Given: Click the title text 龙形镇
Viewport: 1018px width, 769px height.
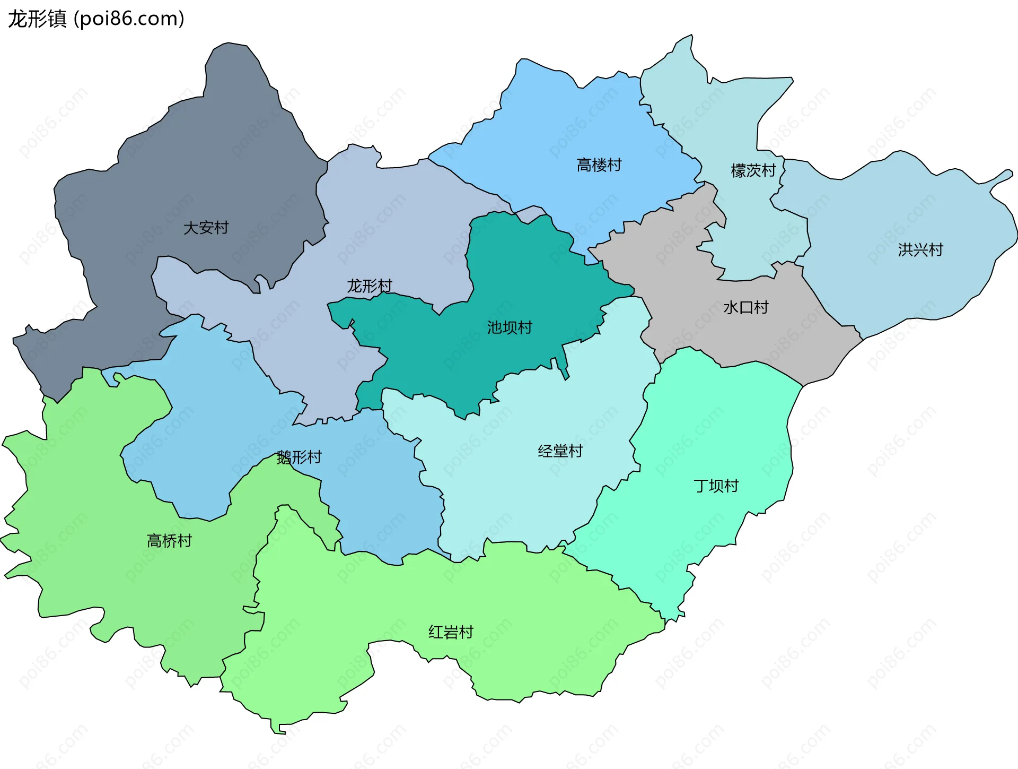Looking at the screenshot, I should pos(37,19).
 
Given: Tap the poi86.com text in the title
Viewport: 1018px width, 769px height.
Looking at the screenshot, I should pos(129,19).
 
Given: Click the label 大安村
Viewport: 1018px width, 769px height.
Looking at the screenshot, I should pos(206,228).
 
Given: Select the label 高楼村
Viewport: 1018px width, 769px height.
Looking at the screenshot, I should pos(599,166).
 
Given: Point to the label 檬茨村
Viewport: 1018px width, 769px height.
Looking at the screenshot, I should pos(753,171).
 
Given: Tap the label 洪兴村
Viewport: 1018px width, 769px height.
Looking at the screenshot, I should pos(920,250).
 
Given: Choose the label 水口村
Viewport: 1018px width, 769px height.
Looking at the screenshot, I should pos(746,308).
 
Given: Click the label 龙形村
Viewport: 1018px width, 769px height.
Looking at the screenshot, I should pos(370,287).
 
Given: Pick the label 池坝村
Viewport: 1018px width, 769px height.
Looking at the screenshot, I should pos(510,328).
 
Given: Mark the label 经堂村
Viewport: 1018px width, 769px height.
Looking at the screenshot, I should pos(560,452).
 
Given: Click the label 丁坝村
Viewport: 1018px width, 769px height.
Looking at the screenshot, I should pos(716,486).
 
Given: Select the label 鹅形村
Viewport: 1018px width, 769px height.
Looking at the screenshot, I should pos(299,457).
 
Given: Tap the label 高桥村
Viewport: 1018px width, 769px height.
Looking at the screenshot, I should pos(169,541).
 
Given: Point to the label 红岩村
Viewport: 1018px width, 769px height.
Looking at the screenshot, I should pos(451,633).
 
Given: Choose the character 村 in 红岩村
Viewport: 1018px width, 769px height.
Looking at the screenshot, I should pos(466,633).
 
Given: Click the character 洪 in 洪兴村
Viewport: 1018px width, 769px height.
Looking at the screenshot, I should pos(905,250).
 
